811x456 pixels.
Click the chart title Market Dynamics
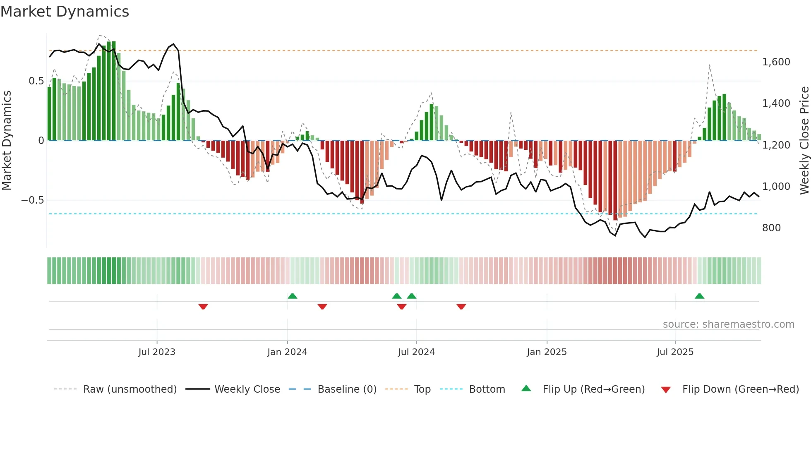tap(65, 12)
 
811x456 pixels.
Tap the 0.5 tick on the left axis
tap(36, 81)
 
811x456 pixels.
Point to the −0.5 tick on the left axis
tap(32, 200)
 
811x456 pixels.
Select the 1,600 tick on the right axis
tap(776, 62)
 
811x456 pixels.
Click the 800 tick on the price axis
tap(771, 228)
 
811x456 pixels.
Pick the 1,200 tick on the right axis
tap(776, 145)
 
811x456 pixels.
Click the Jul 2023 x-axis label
tap(157, 352)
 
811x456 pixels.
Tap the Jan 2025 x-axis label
tap(547, 352)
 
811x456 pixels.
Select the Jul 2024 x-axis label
tap(416, 352)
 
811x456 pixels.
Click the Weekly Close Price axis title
tap(804, 141)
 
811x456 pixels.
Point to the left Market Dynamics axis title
tap(7, 141)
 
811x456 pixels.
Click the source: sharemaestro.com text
tap(728, 324)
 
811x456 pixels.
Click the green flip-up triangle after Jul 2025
tap(699, 296)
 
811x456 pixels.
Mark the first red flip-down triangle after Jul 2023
tap(203, 307)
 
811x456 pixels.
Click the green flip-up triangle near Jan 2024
tap(292, 296)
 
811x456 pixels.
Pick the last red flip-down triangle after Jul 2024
tap(461, 307)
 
